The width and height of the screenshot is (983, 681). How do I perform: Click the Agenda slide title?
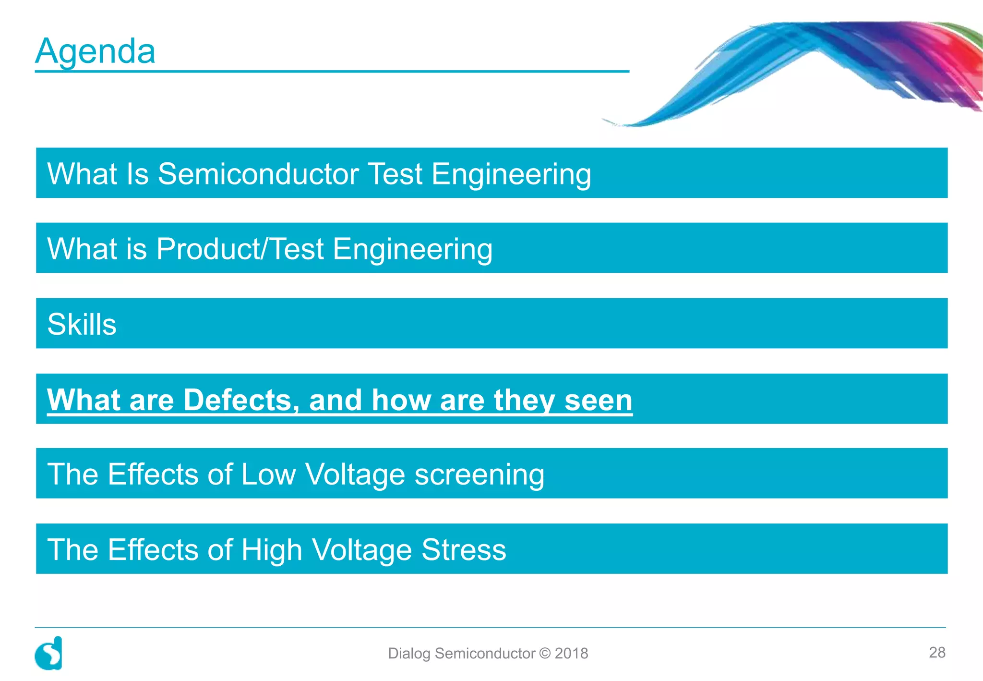click(x=95, y=51)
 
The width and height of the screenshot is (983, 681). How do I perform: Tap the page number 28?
click(x=936, y=652)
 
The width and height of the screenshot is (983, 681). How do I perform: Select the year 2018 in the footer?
click(x=571, y=653)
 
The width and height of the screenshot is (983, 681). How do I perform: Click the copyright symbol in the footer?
click(x=545, y=653)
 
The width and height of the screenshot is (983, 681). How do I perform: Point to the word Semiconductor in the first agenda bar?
click(x=258, y=174)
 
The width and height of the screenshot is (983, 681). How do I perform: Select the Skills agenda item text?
click(x=82, y=324)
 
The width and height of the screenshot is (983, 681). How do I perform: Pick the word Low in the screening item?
click(x=268, y=474)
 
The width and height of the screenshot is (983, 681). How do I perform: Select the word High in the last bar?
click(x=271, y=550)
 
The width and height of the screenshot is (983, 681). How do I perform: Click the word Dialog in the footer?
click(x=409, y=654)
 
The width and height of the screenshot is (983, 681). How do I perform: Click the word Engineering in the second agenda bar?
click(x=412, y=250)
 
